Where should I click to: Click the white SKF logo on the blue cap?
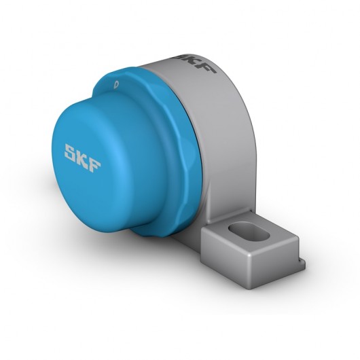tap(82, 158)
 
